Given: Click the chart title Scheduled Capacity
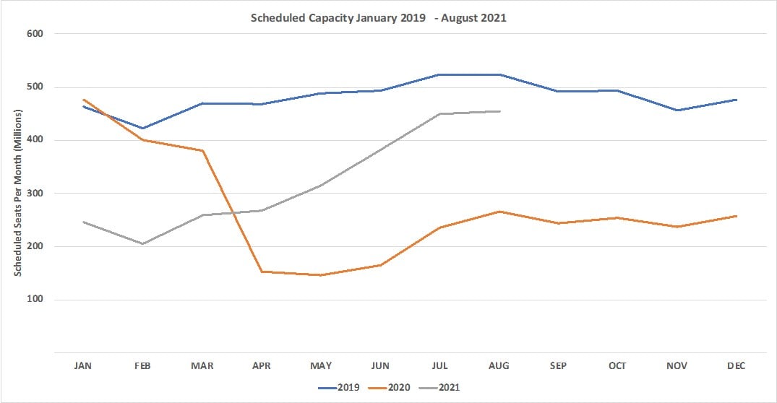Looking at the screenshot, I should click(378, 18).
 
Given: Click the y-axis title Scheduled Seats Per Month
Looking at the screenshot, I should click(19, 193).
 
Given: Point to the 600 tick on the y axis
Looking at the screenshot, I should click(35, 34).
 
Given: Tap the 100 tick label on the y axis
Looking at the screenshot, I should click(35, 300).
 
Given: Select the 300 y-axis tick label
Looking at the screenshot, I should click(35, 194).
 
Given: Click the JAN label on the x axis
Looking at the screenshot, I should click(83, 366).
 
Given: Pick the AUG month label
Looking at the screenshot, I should click(498, 366).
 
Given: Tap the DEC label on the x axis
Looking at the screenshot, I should click(735, 366).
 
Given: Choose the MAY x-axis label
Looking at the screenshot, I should click(320, 366).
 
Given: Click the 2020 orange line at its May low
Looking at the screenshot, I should click(320, 275).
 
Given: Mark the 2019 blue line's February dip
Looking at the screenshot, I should click(142, 129).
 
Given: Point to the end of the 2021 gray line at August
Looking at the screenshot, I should click(499, 111).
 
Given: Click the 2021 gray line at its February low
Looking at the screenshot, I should click(142, 244).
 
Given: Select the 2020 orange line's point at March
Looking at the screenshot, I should click(202, 150).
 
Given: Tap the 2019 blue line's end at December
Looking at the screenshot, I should click(736, 100).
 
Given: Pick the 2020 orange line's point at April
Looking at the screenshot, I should click(261, 272).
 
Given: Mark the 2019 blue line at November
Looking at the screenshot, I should click(677, 110).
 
